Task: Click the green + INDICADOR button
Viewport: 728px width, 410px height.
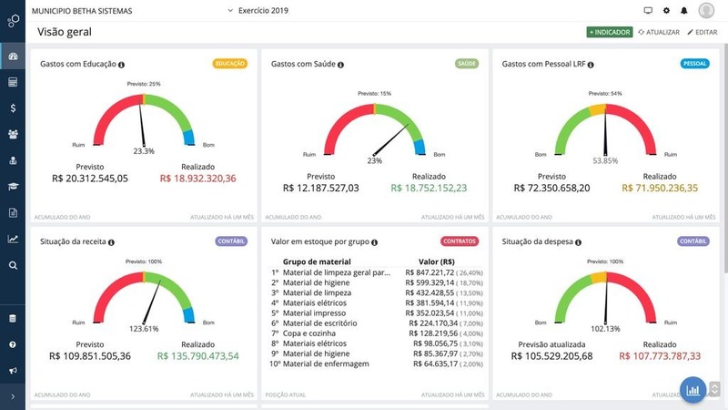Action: tap(610, 32)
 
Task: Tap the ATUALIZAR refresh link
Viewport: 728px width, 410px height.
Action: tap(659, 32)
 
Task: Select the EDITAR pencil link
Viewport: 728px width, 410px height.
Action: tap(702, 32)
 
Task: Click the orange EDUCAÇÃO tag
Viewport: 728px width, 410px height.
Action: tap(230, 64)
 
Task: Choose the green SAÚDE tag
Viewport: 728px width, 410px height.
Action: tap(467, 64)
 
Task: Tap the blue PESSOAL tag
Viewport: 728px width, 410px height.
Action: tap(694, 64)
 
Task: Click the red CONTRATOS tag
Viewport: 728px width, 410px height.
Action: tap(460, 241)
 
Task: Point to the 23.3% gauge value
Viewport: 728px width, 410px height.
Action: tap(144, 151)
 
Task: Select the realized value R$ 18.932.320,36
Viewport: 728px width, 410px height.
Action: tap(197, 179)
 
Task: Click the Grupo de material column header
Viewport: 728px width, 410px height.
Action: tap(318, 261)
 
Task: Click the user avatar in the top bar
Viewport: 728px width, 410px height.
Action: tap(706, 10)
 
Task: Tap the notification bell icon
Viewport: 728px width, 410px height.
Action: tap(683, 11)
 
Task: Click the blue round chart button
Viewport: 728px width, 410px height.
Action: tap(693, 389)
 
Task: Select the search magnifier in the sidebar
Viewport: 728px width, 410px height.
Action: tap(13, 265)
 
